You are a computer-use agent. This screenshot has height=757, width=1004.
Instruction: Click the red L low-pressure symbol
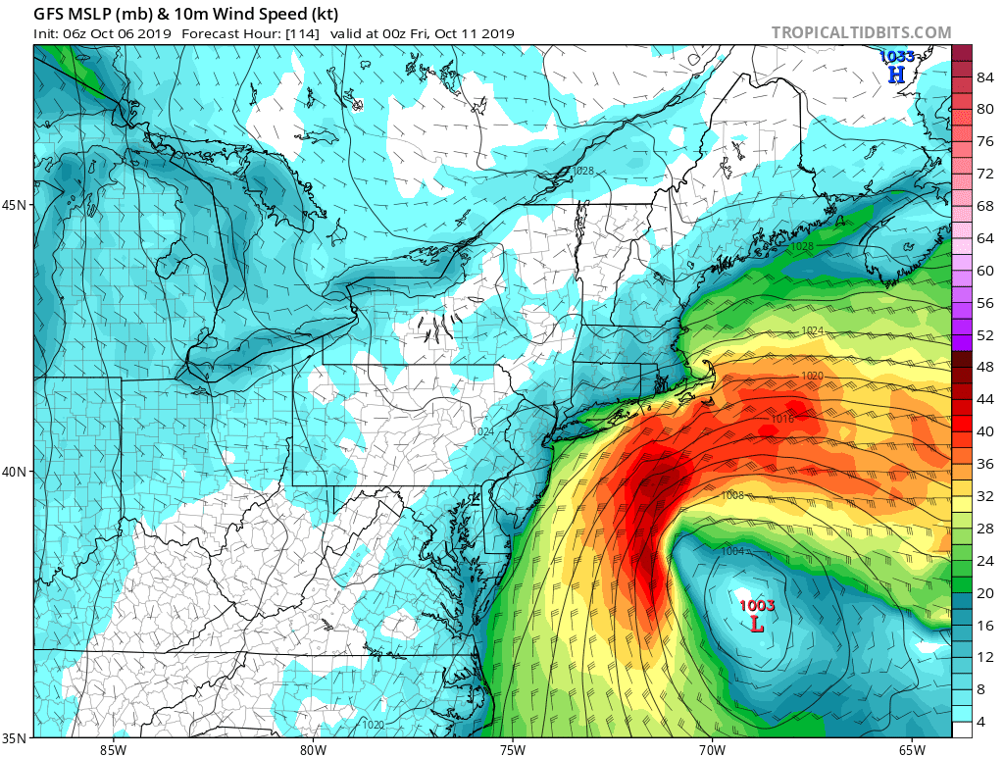[x=757, y=623]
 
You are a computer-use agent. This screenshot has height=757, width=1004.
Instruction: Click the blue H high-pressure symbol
[x=896, y=74]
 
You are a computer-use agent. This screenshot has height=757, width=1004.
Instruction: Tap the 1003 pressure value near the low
[x=757, y=605]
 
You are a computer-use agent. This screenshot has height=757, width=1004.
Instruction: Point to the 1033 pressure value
[x=896, y=57]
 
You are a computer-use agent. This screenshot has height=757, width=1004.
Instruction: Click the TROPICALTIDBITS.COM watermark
[x=861, y=32]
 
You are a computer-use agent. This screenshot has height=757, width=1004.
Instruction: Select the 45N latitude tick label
[x=17, y=205]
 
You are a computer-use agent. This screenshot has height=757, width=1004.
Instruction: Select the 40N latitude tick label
[x=17, y=472]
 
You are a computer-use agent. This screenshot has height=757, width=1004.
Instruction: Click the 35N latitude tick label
[x=17, y=737]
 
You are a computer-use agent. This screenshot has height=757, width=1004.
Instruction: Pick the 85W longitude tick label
[x=113, y=750]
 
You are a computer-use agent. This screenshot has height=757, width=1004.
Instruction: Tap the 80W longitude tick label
[x=313, y=750]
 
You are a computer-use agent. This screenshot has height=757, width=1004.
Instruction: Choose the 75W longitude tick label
[x=512, y=750]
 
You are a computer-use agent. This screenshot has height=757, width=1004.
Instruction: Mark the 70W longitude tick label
[x=712, y=750]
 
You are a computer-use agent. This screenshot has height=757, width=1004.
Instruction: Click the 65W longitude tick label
[x=911, y=750]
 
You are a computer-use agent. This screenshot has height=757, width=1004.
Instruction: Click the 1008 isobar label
[x=732, y=495]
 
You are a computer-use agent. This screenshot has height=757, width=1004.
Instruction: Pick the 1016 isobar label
[x=781, y=419]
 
